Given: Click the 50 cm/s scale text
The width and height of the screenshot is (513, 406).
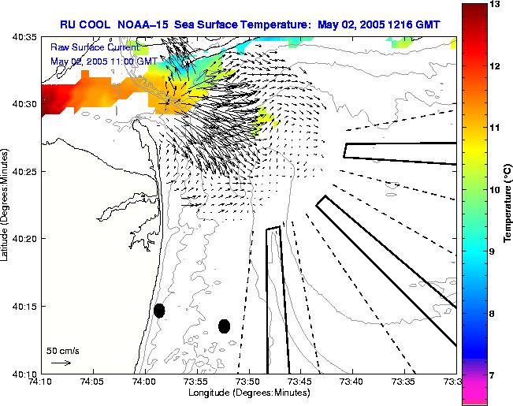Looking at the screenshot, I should [x=62, y=350].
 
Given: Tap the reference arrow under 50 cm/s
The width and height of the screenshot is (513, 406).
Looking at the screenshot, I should [x=61, y=363].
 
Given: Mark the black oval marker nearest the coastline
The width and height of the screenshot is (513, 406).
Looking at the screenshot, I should [x=159, y=311].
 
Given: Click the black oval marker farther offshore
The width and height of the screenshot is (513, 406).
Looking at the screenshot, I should [x=224, y=326].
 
